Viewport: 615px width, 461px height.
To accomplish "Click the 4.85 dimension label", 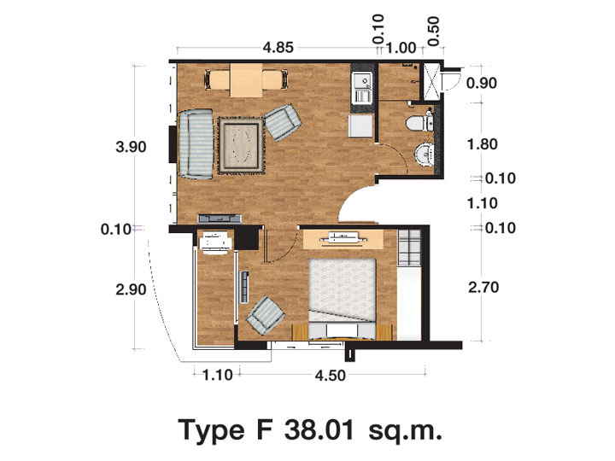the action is point(278,48).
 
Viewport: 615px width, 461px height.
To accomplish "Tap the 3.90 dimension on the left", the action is point(131,147).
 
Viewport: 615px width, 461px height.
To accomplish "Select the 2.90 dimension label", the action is point(131,289).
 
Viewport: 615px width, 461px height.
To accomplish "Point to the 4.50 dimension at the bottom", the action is point(331,376).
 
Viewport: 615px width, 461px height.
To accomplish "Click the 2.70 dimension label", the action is point(483,288).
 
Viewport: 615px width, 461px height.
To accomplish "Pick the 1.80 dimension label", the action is point(483,144).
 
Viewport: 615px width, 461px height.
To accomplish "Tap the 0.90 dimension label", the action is point(482,83).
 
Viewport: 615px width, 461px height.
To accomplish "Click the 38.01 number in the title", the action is point(319,430).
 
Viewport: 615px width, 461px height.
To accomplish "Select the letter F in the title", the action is point(264,430).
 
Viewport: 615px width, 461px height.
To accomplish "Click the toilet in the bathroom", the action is point(419,123).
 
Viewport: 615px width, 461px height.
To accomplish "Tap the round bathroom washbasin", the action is point(425,154).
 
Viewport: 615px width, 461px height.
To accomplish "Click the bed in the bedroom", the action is point(343,299).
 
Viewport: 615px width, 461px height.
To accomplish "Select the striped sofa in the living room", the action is point(196,144).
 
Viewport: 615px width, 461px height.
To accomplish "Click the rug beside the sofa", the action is point(241,145).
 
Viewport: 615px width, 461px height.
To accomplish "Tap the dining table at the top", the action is point(246,80).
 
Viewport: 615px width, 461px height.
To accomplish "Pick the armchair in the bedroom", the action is point(266,315).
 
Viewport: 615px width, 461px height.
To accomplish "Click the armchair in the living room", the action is point(282,122).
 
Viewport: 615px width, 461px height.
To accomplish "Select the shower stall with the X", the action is point(431,82).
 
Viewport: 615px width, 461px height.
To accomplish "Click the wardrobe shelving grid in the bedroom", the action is point(409,248).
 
